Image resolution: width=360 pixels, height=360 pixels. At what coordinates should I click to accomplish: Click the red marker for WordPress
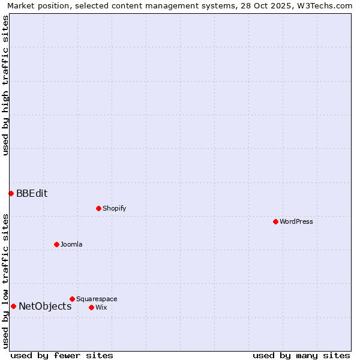(275, 221)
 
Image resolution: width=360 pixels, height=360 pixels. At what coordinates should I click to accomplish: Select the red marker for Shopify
(98, 208)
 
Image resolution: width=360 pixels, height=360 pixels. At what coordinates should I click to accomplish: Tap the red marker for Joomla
(56, 244)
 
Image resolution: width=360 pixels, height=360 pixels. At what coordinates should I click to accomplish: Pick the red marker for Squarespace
(72, 299)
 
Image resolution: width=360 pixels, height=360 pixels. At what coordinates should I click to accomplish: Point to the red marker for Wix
(91, 307)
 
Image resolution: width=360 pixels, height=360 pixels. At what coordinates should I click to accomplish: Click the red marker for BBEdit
(11, 193)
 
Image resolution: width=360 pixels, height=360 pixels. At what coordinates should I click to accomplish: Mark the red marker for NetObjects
(13, 306)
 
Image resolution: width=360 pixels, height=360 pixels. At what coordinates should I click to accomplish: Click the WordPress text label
(296, 221)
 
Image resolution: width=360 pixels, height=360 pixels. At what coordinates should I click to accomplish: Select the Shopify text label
(114, 208)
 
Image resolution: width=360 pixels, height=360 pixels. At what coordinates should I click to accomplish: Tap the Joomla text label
(71, 244)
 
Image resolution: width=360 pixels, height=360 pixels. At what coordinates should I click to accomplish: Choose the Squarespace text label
(97, 299)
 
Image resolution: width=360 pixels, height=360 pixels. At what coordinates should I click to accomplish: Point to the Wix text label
(101, 307)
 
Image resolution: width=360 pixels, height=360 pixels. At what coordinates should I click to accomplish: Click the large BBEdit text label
(32, 193)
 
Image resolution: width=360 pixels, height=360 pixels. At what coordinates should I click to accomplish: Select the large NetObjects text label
(45, 306)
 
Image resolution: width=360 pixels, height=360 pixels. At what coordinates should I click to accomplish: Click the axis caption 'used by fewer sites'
(62, 355)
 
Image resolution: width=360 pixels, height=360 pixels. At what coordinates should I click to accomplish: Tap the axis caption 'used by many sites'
(301, 355)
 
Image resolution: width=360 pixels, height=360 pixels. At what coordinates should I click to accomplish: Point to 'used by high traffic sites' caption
(5, 85)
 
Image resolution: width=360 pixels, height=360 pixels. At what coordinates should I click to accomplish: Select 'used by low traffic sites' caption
(5, 281)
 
